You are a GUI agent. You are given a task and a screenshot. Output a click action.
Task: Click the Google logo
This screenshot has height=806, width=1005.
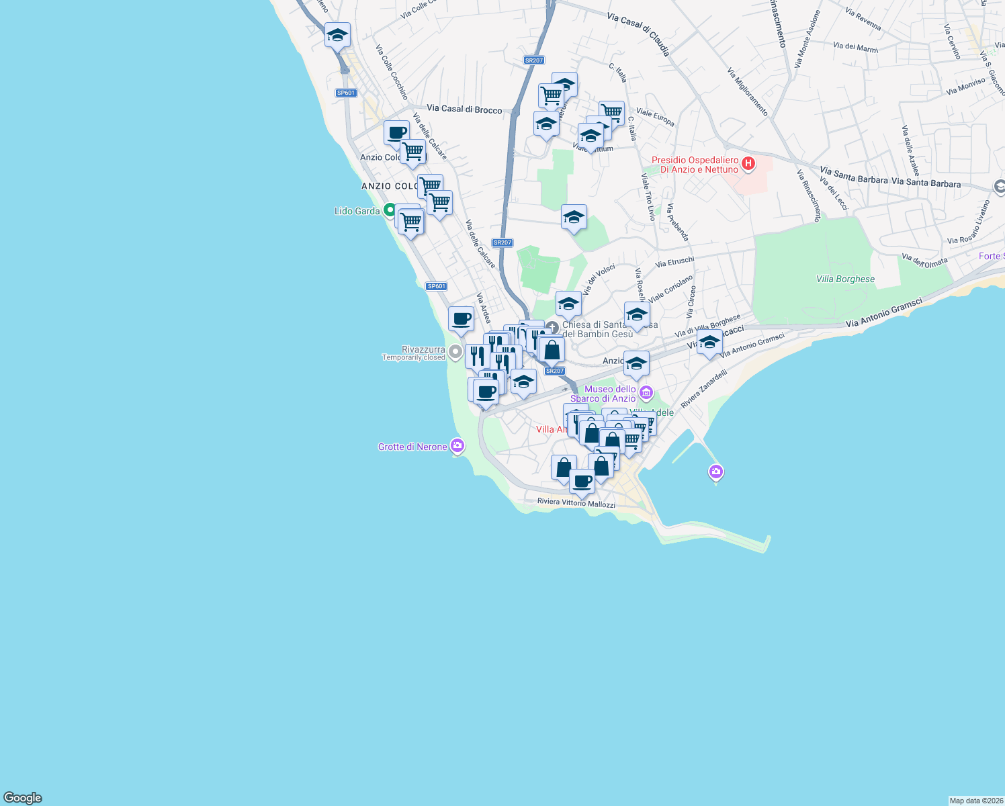click(23, 797)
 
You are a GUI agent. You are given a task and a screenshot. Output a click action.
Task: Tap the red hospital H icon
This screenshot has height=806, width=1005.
click(747, 164)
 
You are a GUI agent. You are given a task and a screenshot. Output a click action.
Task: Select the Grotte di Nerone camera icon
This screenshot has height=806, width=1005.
click(457, 446)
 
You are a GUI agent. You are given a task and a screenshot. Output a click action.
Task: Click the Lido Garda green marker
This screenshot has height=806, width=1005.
click(389, 210)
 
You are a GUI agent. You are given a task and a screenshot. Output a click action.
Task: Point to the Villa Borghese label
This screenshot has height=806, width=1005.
click(845, 279)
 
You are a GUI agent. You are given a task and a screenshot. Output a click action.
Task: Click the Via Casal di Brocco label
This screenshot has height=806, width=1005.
click(464, 109)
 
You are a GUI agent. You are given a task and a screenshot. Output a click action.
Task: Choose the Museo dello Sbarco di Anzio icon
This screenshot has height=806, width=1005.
click(646, 392)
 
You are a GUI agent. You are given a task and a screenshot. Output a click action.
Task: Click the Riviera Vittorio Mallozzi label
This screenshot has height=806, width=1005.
click(576, 502)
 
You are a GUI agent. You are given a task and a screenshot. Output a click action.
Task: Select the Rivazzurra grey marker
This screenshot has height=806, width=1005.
click(455, 351)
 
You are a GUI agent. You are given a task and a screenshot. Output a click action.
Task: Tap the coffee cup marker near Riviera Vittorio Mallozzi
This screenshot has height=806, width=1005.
click(582, 481)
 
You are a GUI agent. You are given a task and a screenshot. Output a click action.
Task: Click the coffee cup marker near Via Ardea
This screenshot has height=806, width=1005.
click(461, 319)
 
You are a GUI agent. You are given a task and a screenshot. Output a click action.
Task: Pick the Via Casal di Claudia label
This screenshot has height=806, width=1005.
click(638, 34)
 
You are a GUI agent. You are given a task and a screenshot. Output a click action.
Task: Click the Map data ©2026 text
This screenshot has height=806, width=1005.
click(975, 801)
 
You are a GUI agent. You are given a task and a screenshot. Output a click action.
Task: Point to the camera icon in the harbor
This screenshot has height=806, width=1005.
click(715, 472)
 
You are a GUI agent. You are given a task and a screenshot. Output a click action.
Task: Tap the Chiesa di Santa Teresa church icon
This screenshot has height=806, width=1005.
click(552, 328)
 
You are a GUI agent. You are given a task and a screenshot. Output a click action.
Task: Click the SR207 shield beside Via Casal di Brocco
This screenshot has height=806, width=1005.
click(533, 60)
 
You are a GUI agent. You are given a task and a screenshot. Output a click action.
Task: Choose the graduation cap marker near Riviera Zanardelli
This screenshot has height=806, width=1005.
click(709, 343)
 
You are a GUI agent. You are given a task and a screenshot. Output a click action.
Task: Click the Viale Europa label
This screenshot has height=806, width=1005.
click(655, 118)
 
